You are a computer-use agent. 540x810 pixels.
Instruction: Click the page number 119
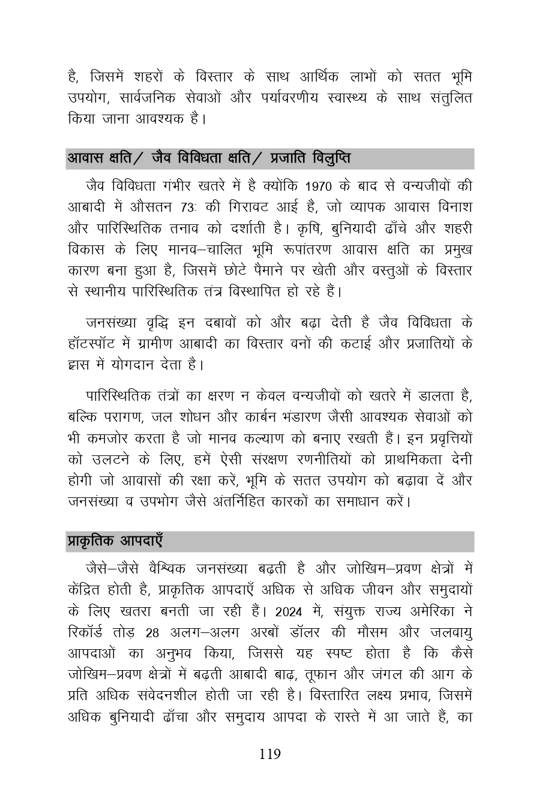pyautogui.click(x=270, y=754)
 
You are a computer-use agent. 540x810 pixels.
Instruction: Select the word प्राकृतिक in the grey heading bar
pyautogui.click(x=91, y=541)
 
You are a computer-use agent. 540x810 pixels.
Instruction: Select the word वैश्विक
pyautogui.click(x=161, y=569)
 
